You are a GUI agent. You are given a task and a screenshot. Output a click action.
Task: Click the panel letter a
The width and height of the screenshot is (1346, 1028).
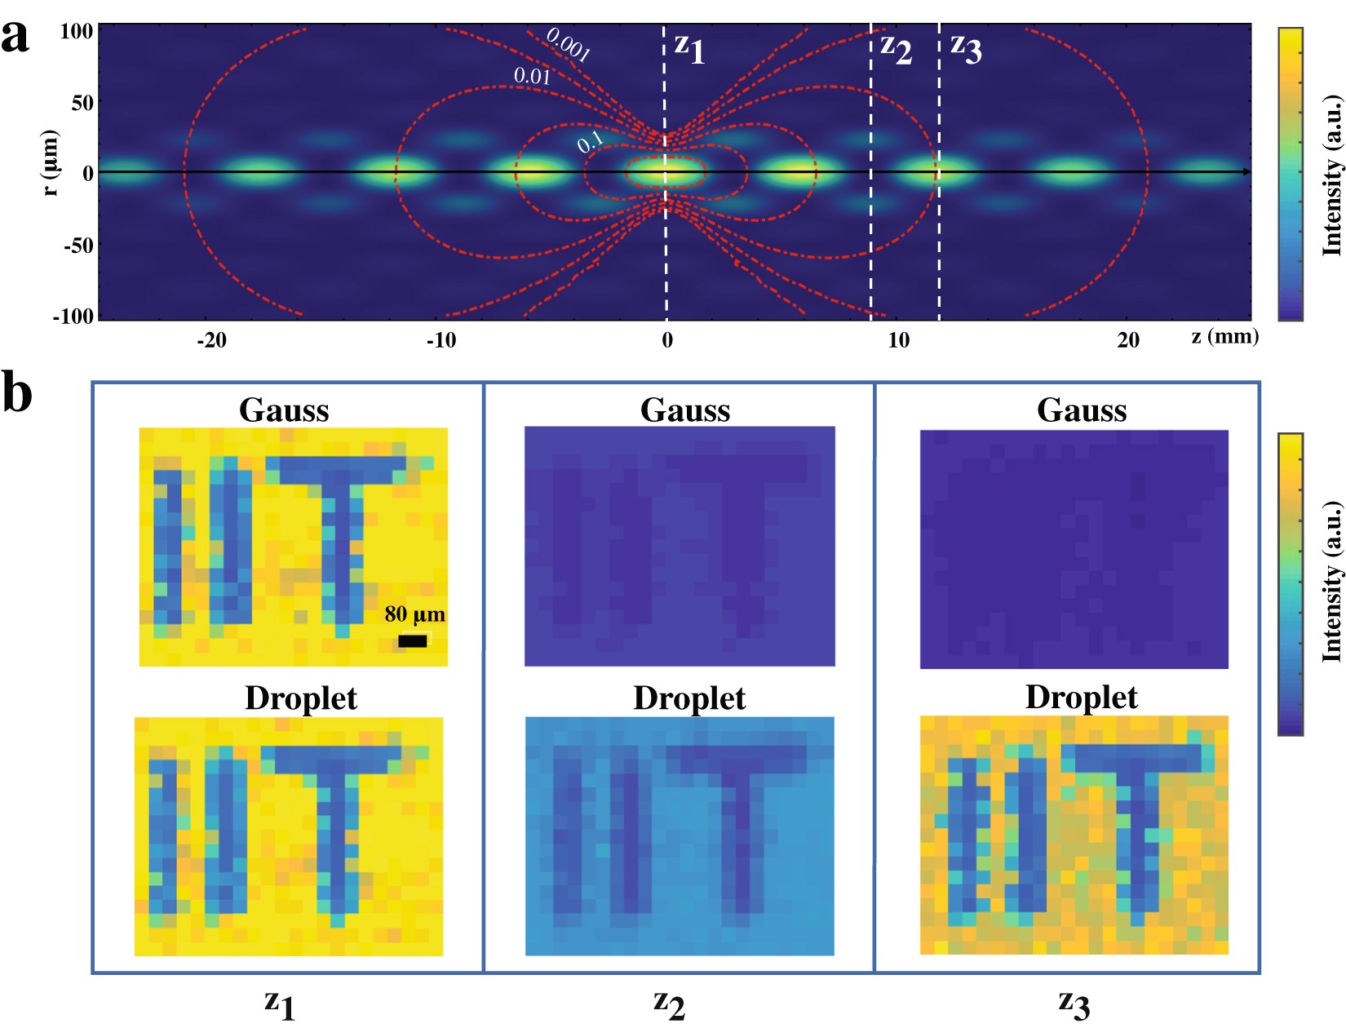(x=15, y=36)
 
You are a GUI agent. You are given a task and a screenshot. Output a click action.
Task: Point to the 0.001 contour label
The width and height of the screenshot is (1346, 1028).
(x=568, y=44)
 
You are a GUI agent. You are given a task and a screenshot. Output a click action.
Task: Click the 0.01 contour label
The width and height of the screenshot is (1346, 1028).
(x=532, y=77)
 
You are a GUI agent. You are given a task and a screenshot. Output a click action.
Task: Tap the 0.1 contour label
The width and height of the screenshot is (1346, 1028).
(x=590, y=142)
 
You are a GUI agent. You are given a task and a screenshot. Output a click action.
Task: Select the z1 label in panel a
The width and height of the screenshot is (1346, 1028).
(x=689, y=48)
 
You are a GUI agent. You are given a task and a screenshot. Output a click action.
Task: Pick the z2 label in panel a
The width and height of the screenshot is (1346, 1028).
(x=896, y=48)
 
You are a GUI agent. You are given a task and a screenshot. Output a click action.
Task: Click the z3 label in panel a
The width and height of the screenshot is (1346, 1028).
(x=966, y=48)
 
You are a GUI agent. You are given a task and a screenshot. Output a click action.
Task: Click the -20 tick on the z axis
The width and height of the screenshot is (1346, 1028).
(x=211, y=340)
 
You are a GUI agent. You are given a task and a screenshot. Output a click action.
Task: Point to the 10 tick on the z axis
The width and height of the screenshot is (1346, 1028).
(x=898, y=340)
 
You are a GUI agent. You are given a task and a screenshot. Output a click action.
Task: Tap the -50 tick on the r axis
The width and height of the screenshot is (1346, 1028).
(x=78, y=246)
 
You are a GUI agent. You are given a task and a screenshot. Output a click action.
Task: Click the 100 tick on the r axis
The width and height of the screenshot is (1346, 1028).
(x=77, y=32)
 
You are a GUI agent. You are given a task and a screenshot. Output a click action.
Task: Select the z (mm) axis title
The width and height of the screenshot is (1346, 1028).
(x=1224, y=336)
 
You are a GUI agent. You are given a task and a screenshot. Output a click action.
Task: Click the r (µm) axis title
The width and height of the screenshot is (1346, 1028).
(x=51, y=162)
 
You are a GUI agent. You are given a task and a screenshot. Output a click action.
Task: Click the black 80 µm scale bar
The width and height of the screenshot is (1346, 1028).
(x=413, y=641)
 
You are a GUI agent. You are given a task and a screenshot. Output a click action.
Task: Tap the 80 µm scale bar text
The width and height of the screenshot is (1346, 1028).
(x=414, y=614)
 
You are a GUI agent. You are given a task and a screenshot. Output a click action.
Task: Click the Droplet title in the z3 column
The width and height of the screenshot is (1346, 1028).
(x=1081, y=698)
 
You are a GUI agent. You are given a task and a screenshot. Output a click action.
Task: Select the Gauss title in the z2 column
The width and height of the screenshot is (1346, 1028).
(x=685, y=410)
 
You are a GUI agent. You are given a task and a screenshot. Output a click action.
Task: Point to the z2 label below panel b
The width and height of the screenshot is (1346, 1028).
(x=669, y=1004)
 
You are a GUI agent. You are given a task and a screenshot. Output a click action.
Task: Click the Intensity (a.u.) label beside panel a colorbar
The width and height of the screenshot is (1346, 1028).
(x=1331, y=175)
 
